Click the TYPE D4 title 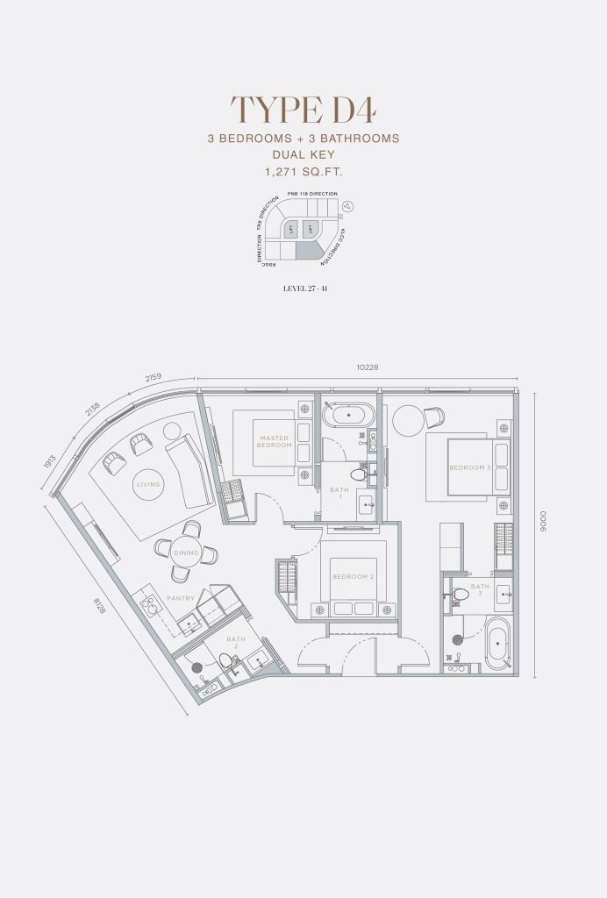(303, 110)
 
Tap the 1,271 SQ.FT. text (303, 172)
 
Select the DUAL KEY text (303, 155)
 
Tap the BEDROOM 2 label (353, 576)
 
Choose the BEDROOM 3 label (470, 467)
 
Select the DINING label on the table (186, 552)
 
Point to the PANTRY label (181, 598)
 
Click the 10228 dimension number (368, 367)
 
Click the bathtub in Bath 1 (349, 415)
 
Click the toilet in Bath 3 (461, 595)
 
